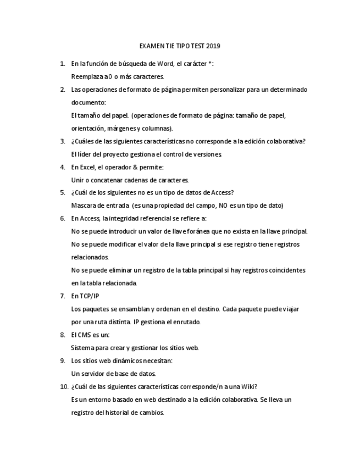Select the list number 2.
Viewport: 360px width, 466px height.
coord(63,90)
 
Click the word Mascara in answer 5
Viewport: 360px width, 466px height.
coord(84,206)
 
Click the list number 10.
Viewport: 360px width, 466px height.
coord(64,386)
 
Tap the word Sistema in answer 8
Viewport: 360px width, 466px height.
coord(83,347)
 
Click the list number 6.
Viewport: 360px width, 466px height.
coord(63,218)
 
